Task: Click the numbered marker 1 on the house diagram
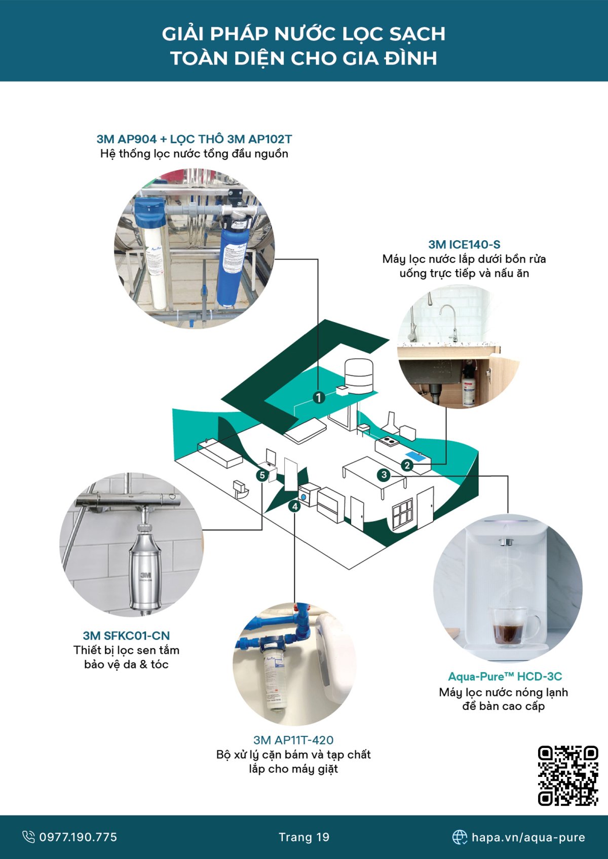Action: (318, 397)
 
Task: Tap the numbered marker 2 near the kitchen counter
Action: (407, 465)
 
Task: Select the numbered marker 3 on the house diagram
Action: (384, 475)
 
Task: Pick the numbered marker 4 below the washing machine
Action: (295, 506)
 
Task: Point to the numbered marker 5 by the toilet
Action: (262, 475)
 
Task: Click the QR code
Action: (567, 775)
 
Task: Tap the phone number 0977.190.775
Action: (78, 837)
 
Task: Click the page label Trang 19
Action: (304, 837)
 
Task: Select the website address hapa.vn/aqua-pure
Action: (528, 837)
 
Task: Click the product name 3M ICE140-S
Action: (464, 244)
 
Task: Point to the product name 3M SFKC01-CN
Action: (126, 636)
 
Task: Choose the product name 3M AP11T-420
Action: (293, 740)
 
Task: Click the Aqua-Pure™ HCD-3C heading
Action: (505, 677)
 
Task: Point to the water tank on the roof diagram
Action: (359, 375)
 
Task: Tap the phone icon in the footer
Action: (29, 837)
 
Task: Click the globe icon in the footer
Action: (460, 837)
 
